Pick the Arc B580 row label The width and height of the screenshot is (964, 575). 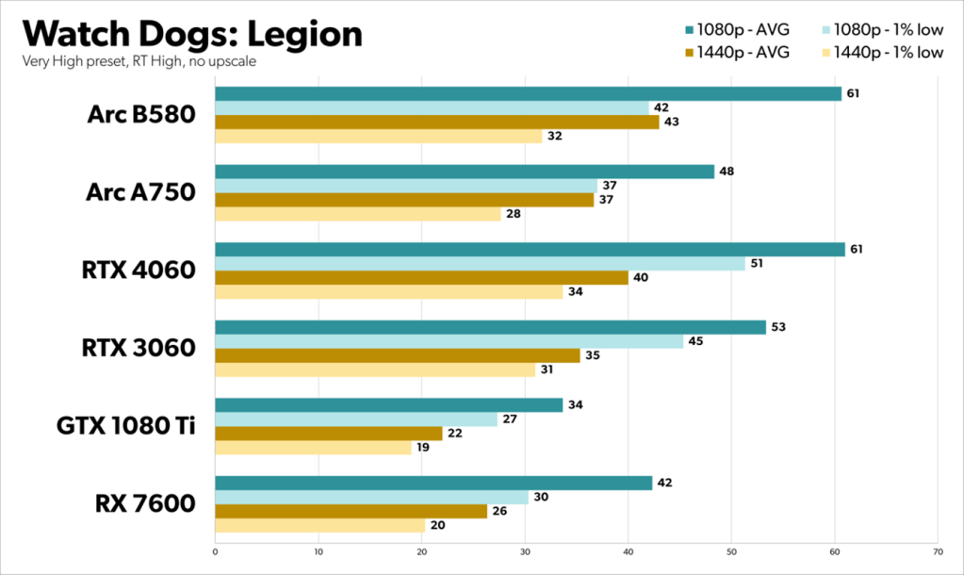[141, 115]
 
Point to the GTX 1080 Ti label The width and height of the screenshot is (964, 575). [127, 426]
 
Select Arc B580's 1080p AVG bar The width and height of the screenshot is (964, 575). [528, 93]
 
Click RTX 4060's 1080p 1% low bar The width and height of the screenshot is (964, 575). [480, 264]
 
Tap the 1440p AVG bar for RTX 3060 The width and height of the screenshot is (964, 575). [397, 355]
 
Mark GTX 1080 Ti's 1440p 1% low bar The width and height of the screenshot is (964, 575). [313, 448]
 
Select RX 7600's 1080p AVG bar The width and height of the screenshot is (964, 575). [433, 483]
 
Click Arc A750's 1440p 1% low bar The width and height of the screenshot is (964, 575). [357, 214]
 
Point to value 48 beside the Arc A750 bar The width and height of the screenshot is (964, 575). [726, 172]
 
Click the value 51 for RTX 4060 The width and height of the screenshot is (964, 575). [757, 264]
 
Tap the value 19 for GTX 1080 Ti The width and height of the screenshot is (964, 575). [423, 448]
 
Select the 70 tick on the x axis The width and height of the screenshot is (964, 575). [937, 551]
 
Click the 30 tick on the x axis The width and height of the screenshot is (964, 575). [525, 551]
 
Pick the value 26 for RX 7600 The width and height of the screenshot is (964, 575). [499, 511]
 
